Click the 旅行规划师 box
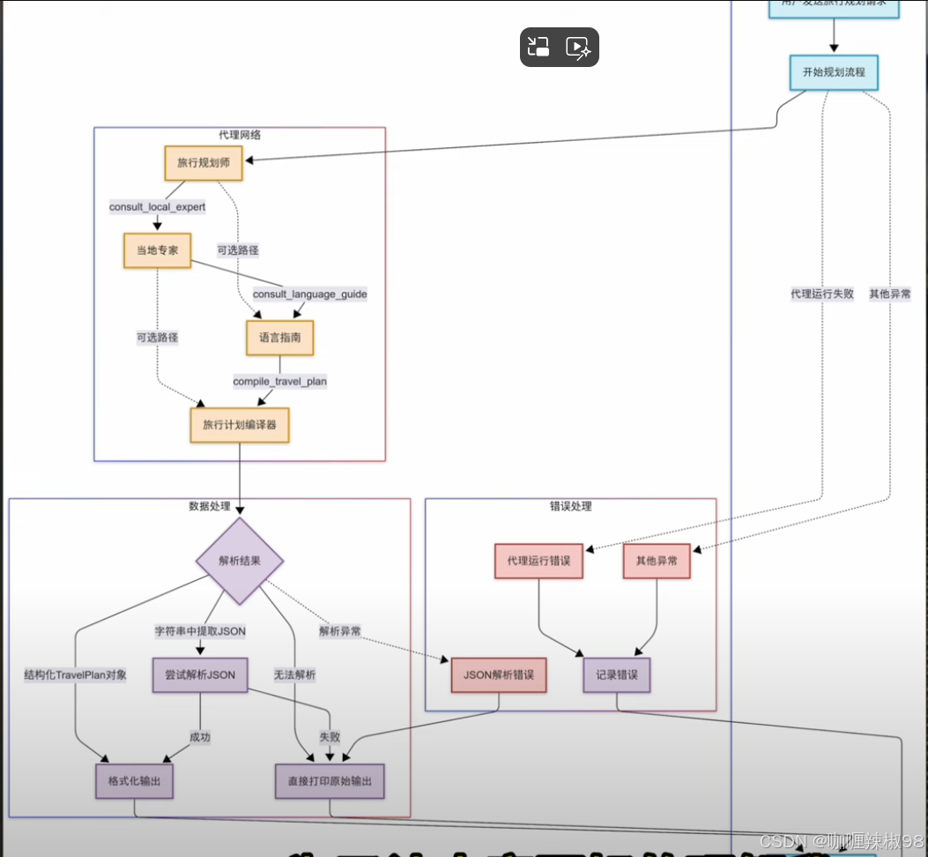click(204, 164)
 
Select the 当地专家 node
click(157, 250)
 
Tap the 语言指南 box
click(280, 338)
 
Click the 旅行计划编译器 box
click(240, 425)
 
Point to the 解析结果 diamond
click(240, 561)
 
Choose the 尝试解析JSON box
click(200, 675)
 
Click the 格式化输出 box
click(134, 781)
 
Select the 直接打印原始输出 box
click(330, 781)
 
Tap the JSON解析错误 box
click(499, 675)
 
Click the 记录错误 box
click(617, 675)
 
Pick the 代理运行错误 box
click(538, 561)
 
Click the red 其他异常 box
click(657, 561)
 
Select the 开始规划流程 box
click(834, 72)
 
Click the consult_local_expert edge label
click(157, 207)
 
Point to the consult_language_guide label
click(310, 294)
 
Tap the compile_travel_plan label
click(280, 382)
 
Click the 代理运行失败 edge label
click(822, 294)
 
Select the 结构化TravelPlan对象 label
click(76, 675)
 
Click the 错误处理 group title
click(570, 506)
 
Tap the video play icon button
click(578, 47)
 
